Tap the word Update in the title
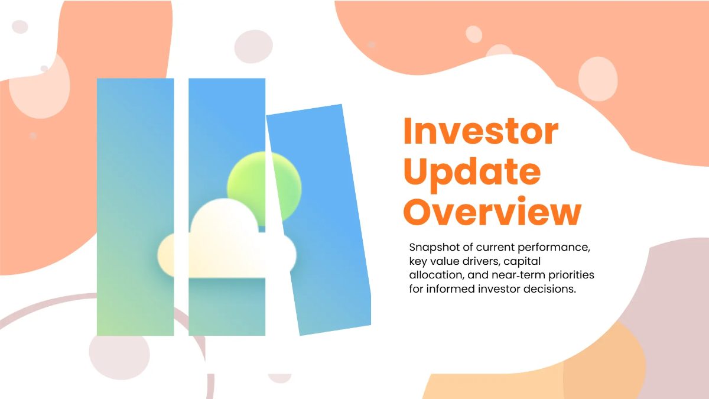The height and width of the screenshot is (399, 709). [x=471, y=172]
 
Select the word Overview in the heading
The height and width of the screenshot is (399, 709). [x=492, y=212]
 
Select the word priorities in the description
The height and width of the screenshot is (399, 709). [x=566, y=275]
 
